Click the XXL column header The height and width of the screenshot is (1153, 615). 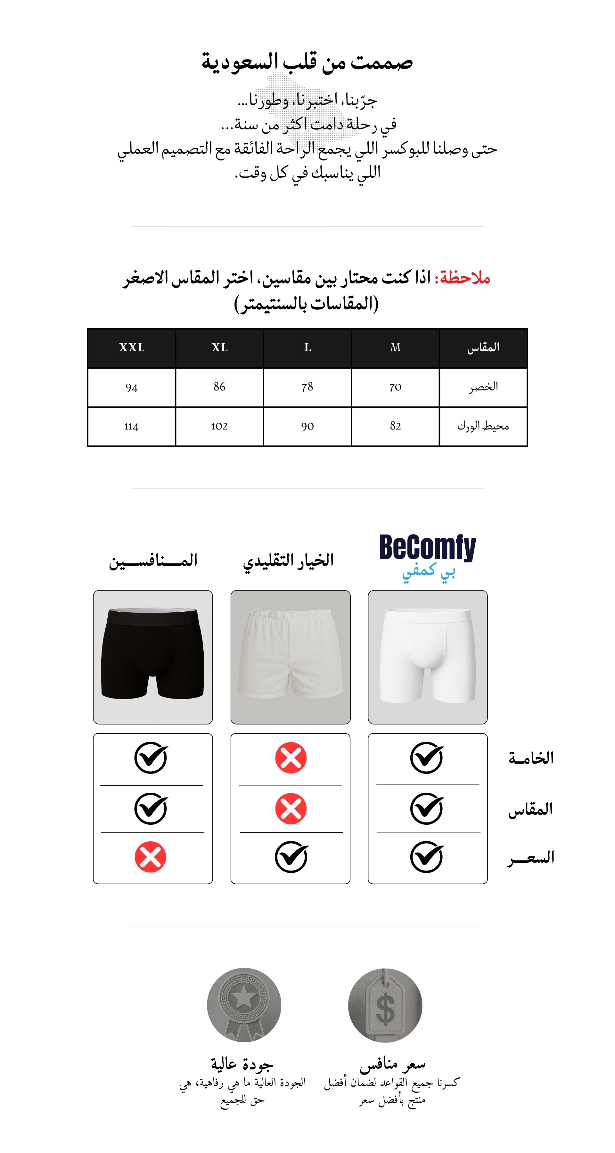[x=132, y=348]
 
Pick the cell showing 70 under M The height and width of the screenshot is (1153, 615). [x=395, y=387]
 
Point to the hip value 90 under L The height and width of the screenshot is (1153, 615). [x=307, y=426]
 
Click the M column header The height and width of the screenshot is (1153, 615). [x=395, y=348]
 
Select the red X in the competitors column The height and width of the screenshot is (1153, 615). [x=151, y=857]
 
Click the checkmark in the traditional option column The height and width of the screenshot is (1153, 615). [x=291, y=857]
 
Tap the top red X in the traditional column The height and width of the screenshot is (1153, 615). [x=291, y=758]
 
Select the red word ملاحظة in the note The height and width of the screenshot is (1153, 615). [x=464, y=278]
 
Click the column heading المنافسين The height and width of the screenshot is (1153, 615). [x=153, y=560]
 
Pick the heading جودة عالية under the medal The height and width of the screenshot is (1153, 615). [x=242, y=1063]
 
